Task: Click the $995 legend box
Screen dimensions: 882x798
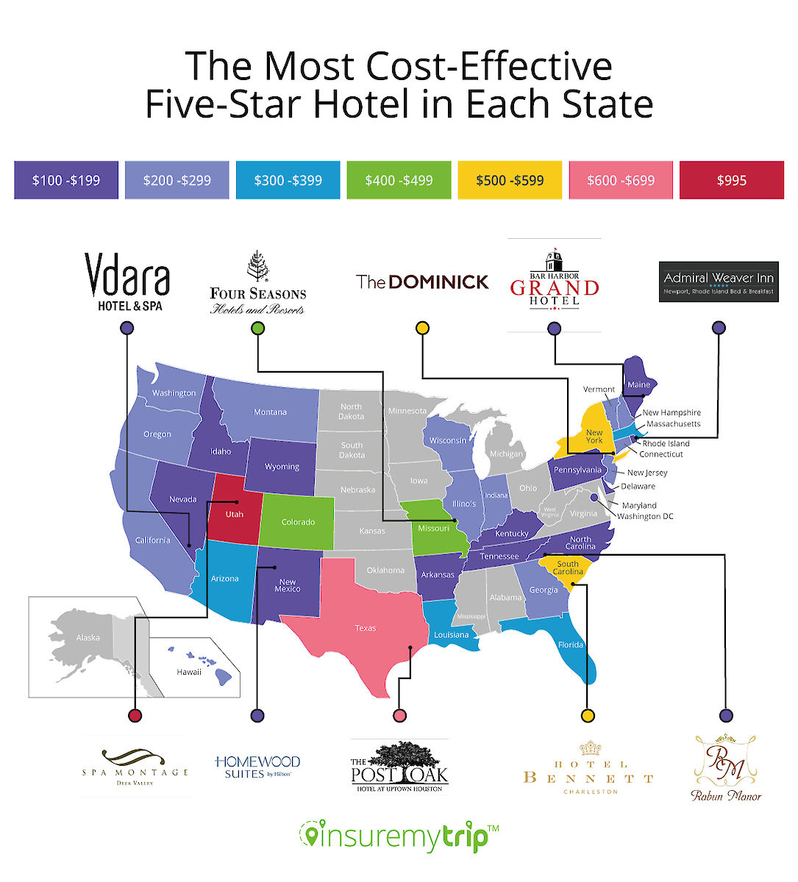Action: click(731, 180)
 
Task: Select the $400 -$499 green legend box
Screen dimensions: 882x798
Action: click(399, 180)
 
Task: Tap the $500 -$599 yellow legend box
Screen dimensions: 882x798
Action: click(510, 180)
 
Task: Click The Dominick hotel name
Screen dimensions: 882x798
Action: click(422, 282)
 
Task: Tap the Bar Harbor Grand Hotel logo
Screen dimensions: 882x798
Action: click(555, 282)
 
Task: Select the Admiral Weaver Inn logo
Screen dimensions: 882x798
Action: click(719, 282)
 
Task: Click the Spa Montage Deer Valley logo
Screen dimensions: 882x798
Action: click(135, 766)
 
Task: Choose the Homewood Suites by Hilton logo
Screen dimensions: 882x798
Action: click(257, 767)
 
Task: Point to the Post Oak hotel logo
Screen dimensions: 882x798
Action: click(399, 767)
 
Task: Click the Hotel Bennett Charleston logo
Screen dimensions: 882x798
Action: click(588, 769)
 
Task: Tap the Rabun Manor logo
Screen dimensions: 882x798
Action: click(726, 769)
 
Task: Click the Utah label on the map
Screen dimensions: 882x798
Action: click(235, 514)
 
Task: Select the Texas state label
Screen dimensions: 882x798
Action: click(366, 628)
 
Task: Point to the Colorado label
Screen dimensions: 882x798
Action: click(298, 523)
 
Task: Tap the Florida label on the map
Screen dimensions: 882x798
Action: click(571, 645)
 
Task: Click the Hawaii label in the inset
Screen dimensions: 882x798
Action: click(189, 672)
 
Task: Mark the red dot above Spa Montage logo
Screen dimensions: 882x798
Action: click(135, 715)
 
